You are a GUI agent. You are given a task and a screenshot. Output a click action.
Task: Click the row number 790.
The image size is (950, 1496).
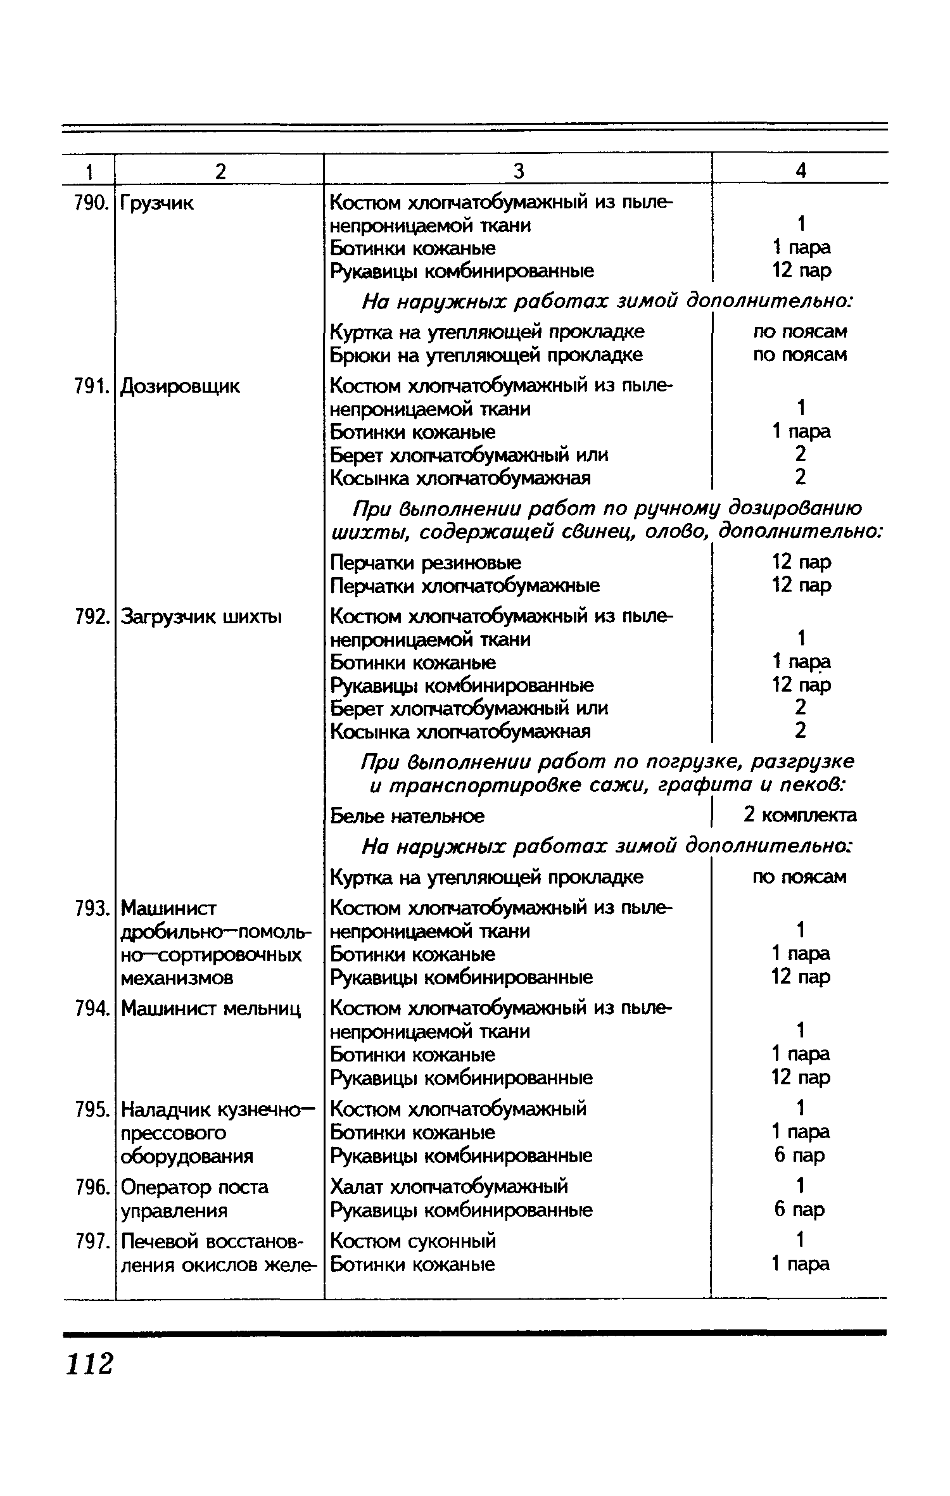coord(89,203)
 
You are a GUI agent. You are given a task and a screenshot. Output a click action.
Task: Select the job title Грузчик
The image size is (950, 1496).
coord(157,203)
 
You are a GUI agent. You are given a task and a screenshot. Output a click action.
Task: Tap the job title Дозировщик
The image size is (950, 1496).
coord(180,386)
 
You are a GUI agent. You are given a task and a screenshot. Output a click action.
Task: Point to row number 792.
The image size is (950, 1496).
coord(89,616)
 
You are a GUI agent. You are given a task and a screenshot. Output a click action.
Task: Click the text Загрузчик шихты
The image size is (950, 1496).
coord(201,616)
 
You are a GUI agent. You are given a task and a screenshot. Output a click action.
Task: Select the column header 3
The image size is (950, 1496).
coord(518,171)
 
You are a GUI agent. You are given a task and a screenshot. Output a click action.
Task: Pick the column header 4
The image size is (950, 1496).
coord(801,171)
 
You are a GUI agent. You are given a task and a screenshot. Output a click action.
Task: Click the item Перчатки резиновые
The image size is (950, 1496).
coord(426,562)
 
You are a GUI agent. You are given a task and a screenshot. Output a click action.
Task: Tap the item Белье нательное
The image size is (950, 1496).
coord(407,816)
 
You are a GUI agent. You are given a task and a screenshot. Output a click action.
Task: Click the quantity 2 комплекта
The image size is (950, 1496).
coord(800,815)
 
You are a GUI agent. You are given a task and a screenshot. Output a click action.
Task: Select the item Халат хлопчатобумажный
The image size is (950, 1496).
coord(449,1186)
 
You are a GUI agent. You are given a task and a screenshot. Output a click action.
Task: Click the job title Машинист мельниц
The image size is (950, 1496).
coord(211,1008)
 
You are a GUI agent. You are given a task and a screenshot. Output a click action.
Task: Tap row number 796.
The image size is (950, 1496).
coord(89,1187)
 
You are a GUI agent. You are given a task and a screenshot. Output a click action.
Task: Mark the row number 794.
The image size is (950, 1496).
coord(89,1008)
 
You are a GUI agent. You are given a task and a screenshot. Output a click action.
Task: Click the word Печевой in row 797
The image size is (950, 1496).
coord(161,1241)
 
